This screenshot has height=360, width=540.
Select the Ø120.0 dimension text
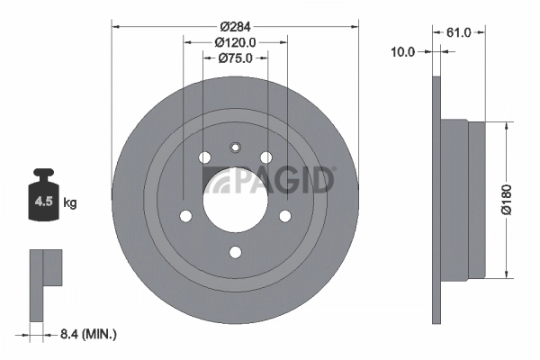click(x=236, y=41)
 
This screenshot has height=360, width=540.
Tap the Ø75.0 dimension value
click(x=236, y=58)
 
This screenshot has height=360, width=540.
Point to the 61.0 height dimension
click(x=459, y=33)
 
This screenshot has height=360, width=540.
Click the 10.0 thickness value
click(x=403, y=51)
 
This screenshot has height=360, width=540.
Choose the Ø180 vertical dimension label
click(x=508, y=199)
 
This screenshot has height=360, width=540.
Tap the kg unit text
click(x=70, y=202)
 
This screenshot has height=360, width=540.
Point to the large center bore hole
click(x=235, y=197)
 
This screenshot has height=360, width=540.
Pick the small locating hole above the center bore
click(x=235, y=148)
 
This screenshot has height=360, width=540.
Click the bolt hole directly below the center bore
click(x=235, y=252)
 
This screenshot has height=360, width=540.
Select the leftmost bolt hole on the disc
click(x=185, y=216)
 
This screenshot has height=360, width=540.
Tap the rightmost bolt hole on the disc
click(x=285, y=216)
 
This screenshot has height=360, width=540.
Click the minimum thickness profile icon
click(x=45, y=283)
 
